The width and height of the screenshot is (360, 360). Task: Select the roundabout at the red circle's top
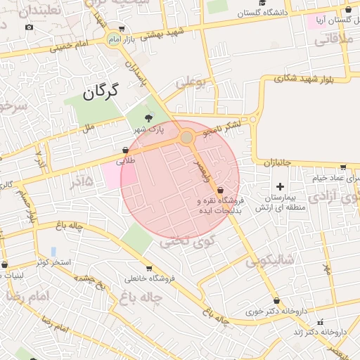[187, 138]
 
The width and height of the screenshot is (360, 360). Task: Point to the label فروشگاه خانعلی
[148, 279]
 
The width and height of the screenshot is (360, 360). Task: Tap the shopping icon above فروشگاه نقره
[221, 190]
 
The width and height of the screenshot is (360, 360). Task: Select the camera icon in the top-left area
[29, 27]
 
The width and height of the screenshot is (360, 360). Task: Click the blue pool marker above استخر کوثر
[53, 251]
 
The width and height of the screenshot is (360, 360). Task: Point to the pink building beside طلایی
[112, 174]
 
